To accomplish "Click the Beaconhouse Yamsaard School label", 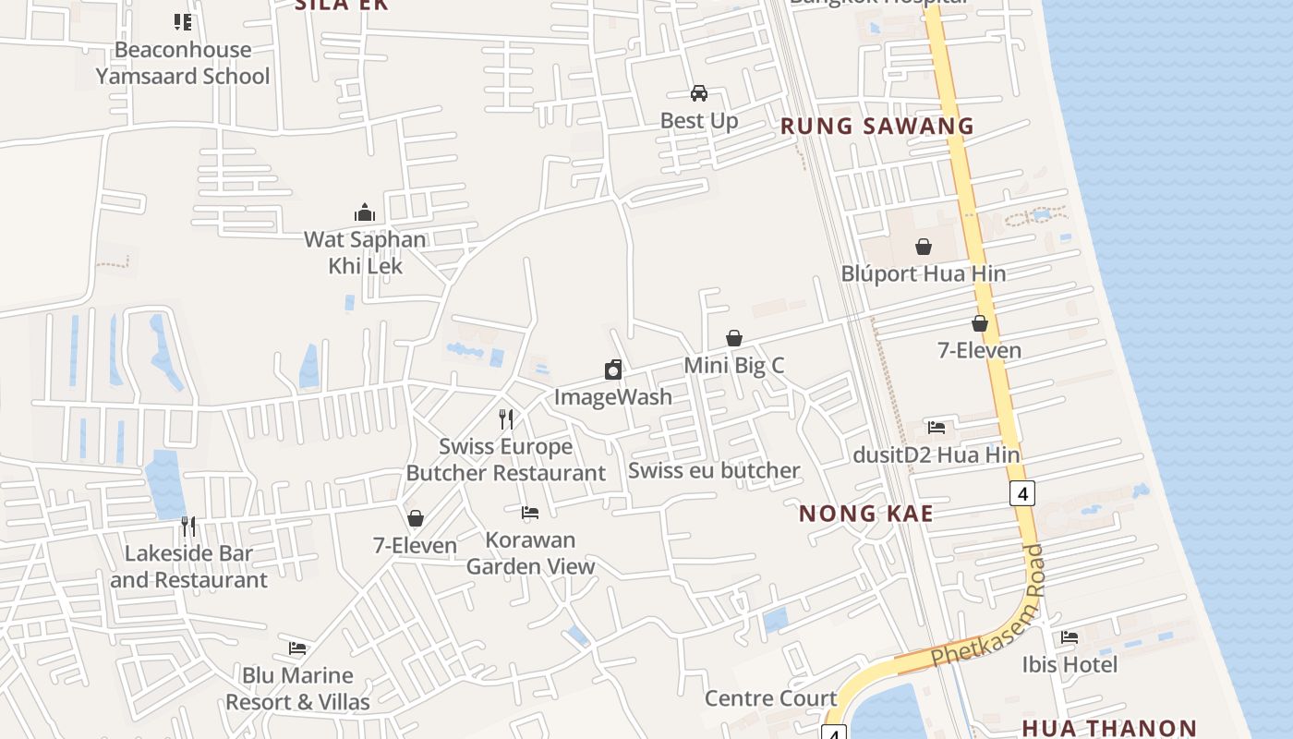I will [x=183, y=63].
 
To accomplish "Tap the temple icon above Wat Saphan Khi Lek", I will [x=365, y=213].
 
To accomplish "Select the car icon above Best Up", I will [x=699, y=93].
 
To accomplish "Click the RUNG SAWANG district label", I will [x=877, y=127].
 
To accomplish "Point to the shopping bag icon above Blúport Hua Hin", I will [x=923, y=247].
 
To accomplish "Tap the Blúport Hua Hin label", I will [x=923, y=273].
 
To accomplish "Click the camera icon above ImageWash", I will [x=613, y=370].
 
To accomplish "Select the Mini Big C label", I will [x=733, y=365].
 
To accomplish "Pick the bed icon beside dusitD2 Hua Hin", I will [x=937, y=428].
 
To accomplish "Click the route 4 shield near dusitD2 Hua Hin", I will [x=1021, y=493].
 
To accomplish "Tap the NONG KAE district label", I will [x=865, y=514].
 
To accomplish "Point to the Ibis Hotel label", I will [x=1069, y=664].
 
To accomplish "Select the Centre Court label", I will [x=770, y=697].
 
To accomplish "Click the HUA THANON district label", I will [x=1109, y=728].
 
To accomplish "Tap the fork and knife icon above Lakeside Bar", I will [x=188, y=527].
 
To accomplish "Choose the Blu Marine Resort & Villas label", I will [x=297, y=688].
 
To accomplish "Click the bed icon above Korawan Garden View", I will [x=530, y=512].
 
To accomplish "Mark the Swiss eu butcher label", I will [x=714, y=470].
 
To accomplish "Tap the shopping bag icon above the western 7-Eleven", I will [x=416, y=518].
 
